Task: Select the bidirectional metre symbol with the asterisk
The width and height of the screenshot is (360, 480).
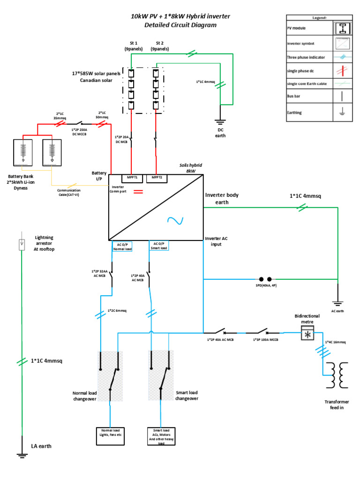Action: click(x=307, y=334)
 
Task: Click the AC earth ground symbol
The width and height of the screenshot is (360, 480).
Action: click(x=337, y=303)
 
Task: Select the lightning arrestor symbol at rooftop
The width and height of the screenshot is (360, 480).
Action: click(x=22, y=244)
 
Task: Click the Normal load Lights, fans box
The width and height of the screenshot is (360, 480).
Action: click(x=110, y=433)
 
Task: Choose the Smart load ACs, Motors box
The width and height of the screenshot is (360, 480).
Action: click(x=160, y=435)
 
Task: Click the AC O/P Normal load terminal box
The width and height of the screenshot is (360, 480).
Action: click(x=122, y=246)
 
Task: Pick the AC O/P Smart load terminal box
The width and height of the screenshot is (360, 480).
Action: click(x=158, y=246)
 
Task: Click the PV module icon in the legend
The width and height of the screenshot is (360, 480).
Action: click(x=343, y=28)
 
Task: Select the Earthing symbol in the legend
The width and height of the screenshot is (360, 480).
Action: click(x=343, y=112)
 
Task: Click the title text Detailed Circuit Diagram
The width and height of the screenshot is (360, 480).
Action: click(x=180, y=25)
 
